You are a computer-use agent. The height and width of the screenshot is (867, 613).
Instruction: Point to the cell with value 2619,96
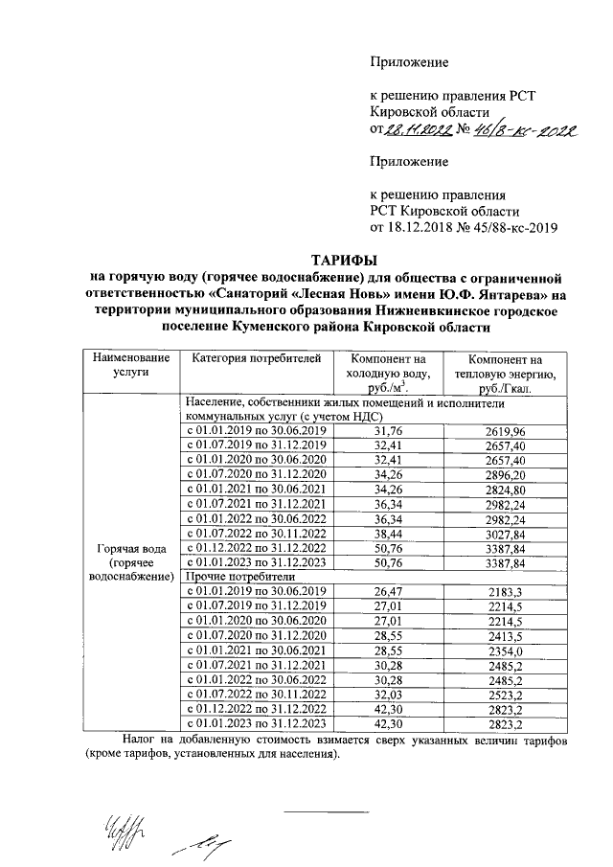tap(505, 431)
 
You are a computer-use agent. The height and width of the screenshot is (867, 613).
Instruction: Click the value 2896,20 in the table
tap(505, 473)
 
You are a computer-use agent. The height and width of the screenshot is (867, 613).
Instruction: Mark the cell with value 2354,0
tap(505, 649)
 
